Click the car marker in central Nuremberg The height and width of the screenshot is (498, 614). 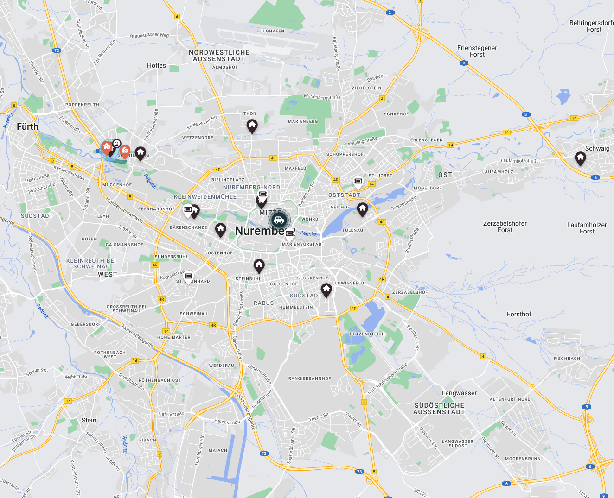279,220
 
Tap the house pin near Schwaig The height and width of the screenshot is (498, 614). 580,158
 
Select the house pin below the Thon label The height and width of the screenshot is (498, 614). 252,125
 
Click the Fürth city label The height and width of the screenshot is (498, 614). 27,126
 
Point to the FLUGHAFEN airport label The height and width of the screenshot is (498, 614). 271,31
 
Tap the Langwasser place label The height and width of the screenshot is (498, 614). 459,393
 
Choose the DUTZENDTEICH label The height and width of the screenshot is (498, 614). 367,334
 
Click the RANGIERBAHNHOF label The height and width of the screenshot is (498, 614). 310,378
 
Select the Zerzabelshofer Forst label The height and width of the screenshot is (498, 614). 505,227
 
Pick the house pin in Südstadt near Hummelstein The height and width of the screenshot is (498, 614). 326,290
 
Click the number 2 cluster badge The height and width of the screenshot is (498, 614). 117,144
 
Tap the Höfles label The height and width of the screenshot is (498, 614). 156,65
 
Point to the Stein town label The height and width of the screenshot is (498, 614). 89,420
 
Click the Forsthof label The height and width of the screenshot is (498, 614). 519,314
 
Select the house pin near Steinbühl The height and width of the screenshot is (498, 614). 259,265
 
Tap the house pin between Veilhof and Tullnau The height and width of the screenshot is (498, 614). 363,209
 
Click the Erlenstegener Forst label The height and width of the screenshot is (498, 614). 477,51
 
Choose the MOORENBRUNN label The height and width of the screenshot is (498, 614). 523,459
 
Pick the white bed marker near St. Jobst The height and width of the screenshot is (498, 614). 358,181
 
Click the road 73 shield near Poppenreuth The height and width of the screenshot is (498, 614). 57,50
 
